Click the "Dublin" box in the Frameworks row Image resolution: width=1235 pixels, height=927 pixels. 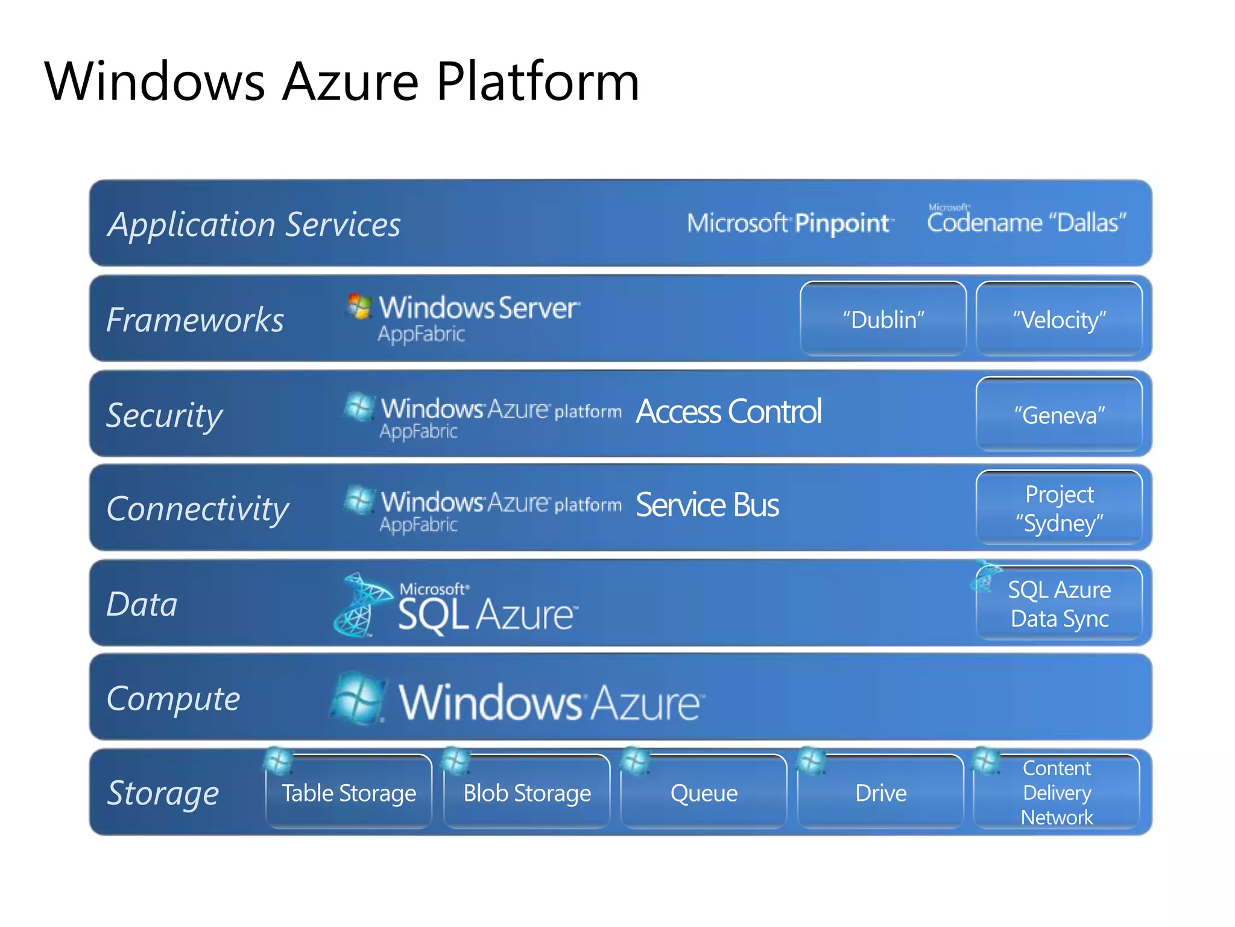(883, 319)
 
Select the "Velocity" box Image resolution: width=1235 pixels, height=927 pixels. (1059, 319)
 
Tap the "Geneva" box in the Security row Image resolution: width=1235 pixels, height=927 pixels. (1059, 415)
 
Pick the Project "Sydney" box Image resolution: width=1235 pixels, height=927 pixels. (1059, 508)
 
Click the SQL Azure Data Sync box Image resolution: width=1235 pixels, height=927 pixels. (1059, 604)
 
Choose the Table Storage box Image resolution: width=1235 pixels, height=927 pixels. (349, 792)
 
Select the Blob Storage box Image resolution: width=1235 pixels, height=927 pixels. (526, 792)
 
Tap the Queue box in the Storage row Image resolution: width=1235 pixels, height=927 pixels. (704, 792)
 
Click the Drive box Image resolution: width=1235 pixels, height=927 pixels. (880, 792)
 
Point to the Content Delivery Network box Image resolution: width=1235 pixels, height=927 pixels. (1057, 792)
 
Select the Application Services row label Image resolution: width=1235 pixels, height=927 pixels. (254, 225)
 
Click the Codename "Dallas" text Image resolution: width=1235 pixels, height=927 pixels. (1026, 222)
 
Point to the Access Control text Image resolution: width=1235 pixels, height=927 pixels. (728, 412)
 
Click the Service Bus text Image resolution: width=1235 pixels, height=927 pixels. (707, 505)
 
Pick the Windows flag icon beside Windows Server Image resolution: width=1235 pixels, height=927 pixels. (359, 307)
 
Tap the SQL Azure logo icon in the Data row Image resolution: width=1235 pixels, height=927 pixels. (361, 605)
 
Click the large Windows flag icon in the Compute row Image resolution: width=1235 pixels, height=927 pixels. (358, 699)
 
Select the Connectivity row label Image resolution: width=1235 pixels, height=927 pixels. (197, 509)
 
